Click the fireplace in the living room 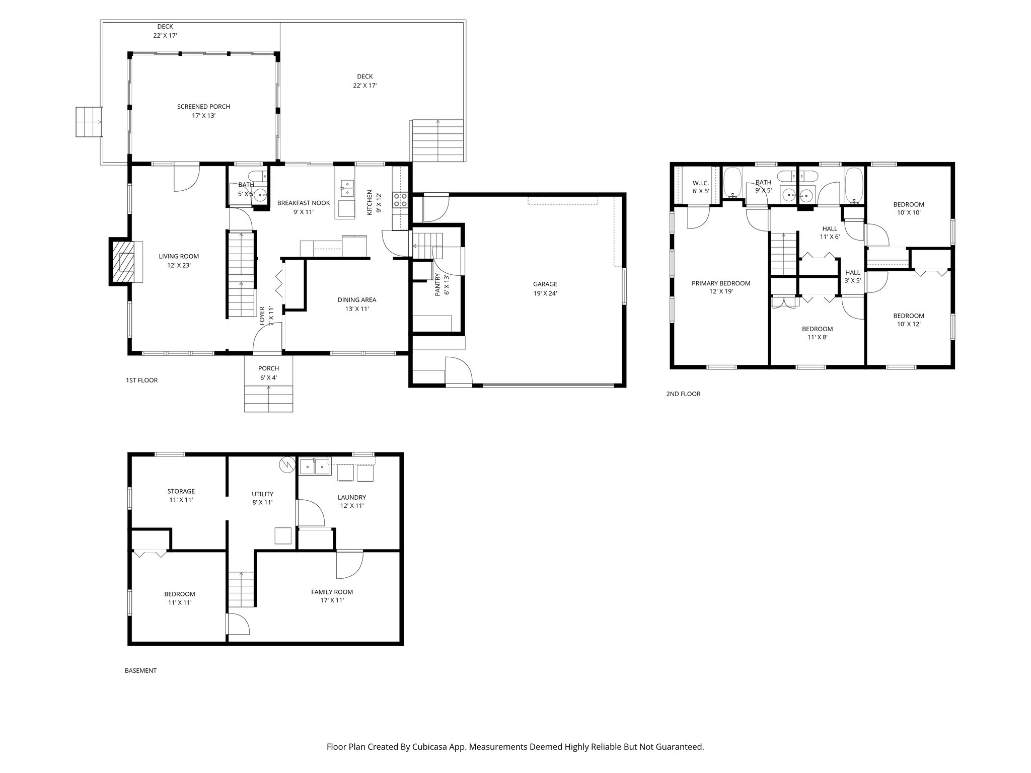[x=123, y=262]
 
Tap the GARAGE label [x=545, y=284]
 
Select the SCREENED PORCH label [x=203, y=107]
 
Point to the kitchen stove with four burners [x=400, y=200]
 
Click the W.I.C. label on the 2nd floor [x=700, y=183]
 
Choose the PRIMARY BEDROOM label [x=720, y=283]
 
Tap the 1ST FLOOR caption [x=141, y=380]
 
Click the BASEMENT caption [x=140, y=671]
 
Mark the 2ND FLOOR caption [x=683, y=394]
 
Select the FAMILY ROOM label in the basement [x=332, y=592]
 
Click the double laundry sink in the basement [x=315, y=467]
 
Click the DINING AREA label [x=356, y=300]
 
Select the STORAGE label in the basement [x=181, y=491]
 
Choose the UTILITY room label [x=262, y=494]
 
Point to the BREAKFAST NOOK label [x=304, y=203]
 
